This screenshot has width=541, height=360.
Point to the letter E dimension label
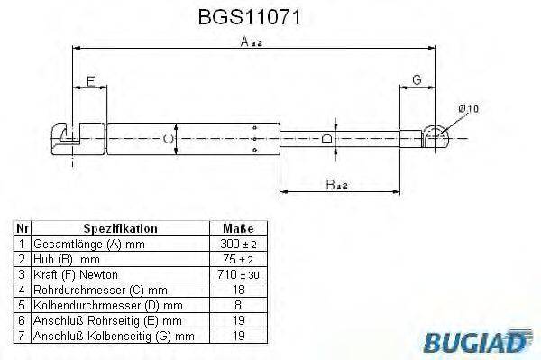point(90,83)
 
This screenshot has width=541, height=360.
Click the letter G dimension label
point(416,81)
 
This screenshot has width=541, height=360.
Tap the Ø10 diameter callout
point(468,107)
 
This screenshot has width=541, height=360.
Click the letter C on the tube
point(167,138)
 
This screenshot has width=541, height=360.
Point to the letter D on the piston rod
point(326,138)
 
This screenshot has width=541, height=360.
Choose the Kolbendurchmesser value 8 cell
point(237,305)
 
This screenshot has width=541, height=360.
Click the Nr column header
point(23,229)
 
